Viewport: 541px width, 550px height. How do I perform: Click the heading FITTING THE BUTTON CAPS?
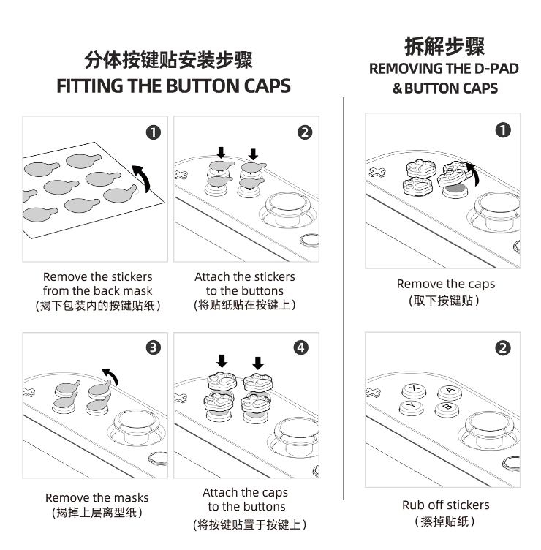point(173,86)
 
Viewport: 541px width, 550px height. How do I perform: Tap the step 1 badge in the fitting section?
point(154,132)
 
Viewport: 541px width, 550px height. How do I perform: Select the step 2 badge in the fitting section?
point(305,132)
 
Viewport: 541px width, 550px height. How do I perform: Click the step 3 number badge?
point(154,347)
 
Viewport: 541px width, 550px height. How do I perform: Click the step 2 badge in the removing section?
point(502,347)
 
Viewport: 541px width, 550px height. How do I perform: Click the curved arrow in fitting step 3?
point(110,376)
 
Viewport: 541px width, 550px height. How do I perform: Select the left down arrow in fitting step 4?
point(222,361)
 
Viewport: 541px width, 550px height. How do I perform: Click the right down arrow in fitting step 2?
point(253,154)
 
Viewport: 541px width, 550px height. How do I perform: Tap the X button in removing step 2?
point(415,388)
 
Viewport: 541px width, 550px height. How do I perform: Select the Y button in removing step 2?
point(409,406)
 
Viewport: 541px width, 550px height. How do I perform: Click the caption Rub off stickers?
point(445,505)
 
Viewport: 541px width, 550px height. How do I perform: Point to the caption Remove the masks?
point(97,497)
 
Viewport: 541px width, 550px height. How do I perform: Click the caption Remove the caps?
point(445,284)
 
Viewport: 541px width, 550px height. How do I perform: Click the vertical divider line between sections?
point(344,293)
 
